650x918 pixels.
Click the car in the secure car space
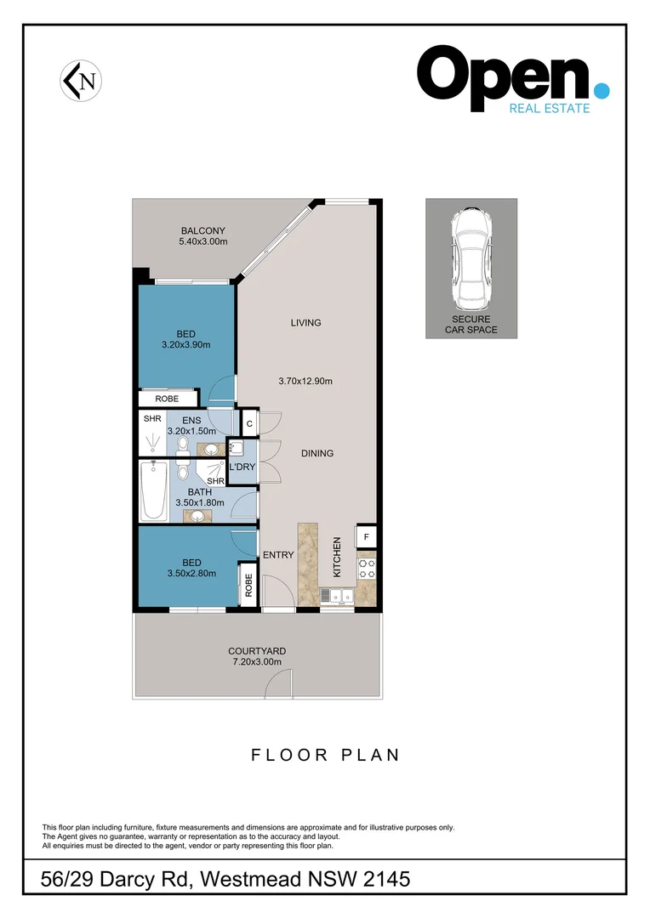point(470,258)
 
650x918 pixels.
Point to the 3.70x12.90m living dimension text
point(305,382)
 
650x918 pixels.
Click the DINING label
point(316,453)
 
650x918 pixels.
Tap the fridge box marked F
point(366,537)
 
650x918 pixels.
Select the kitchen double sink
point(336,596)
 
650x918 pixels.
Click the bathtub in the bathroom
point(154,491)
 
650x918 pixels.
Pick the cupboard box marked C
point(249,422)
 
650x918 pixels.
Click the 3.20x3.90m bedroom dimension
point(185,345)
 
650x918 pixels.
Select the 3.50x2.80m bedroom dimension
point(191,573)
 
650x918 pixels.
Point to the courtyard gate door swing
point(278,684)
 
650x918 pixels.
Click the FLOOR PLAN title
point(325,755)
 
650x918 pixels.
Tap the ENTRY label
point(278,555)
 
